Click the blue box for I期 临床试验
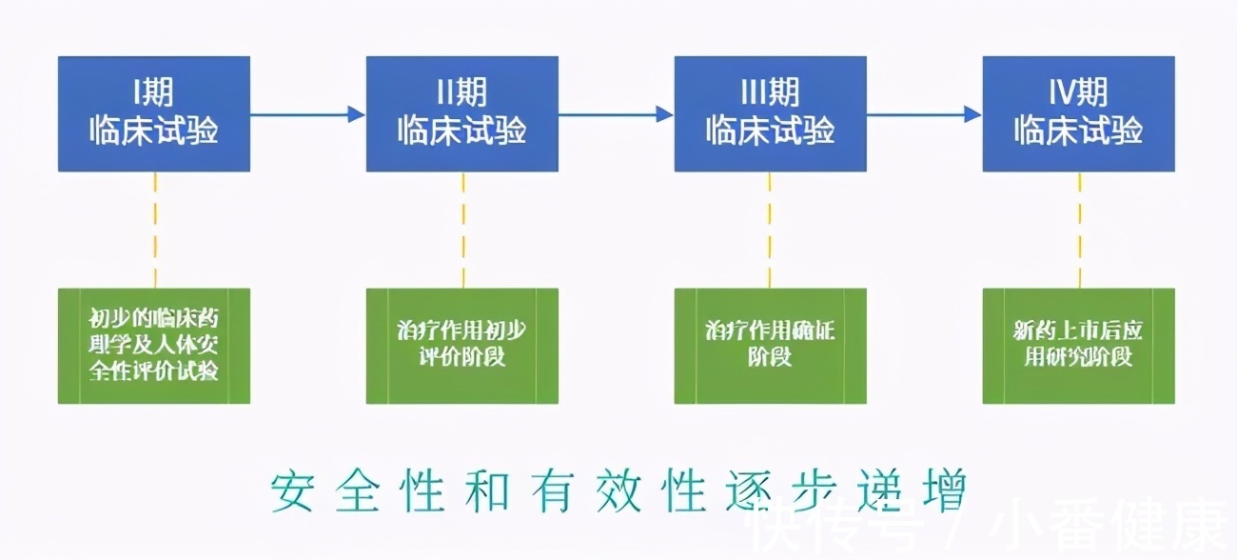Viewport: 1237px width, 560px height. tap(154, 114)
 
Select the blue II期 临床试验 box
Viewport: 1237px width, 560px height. tap(462, 114)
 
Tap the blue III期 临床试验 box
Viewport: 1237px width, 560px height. tap(771, 114)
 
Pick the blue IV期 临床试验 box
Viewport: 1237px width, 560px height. tap(1079, 114)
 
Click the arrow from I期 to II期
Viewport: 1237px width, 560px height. tap(307, 114)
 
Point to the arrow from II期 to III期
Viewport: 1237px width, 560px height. tap(616, 114)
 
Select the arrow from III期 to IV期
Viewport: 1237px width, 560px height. tap(924, 114)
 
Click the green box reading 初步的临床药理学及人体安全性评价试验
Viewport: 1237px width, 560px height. tap(154, 345)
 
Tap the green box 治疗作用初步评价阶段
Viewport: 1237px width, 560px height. tap(462, 345)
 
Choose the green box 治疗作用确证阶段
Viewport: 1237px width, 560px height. tap(771, 345)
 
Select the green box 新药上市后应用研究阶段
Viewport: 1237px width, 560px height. tap(1079, 345)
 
